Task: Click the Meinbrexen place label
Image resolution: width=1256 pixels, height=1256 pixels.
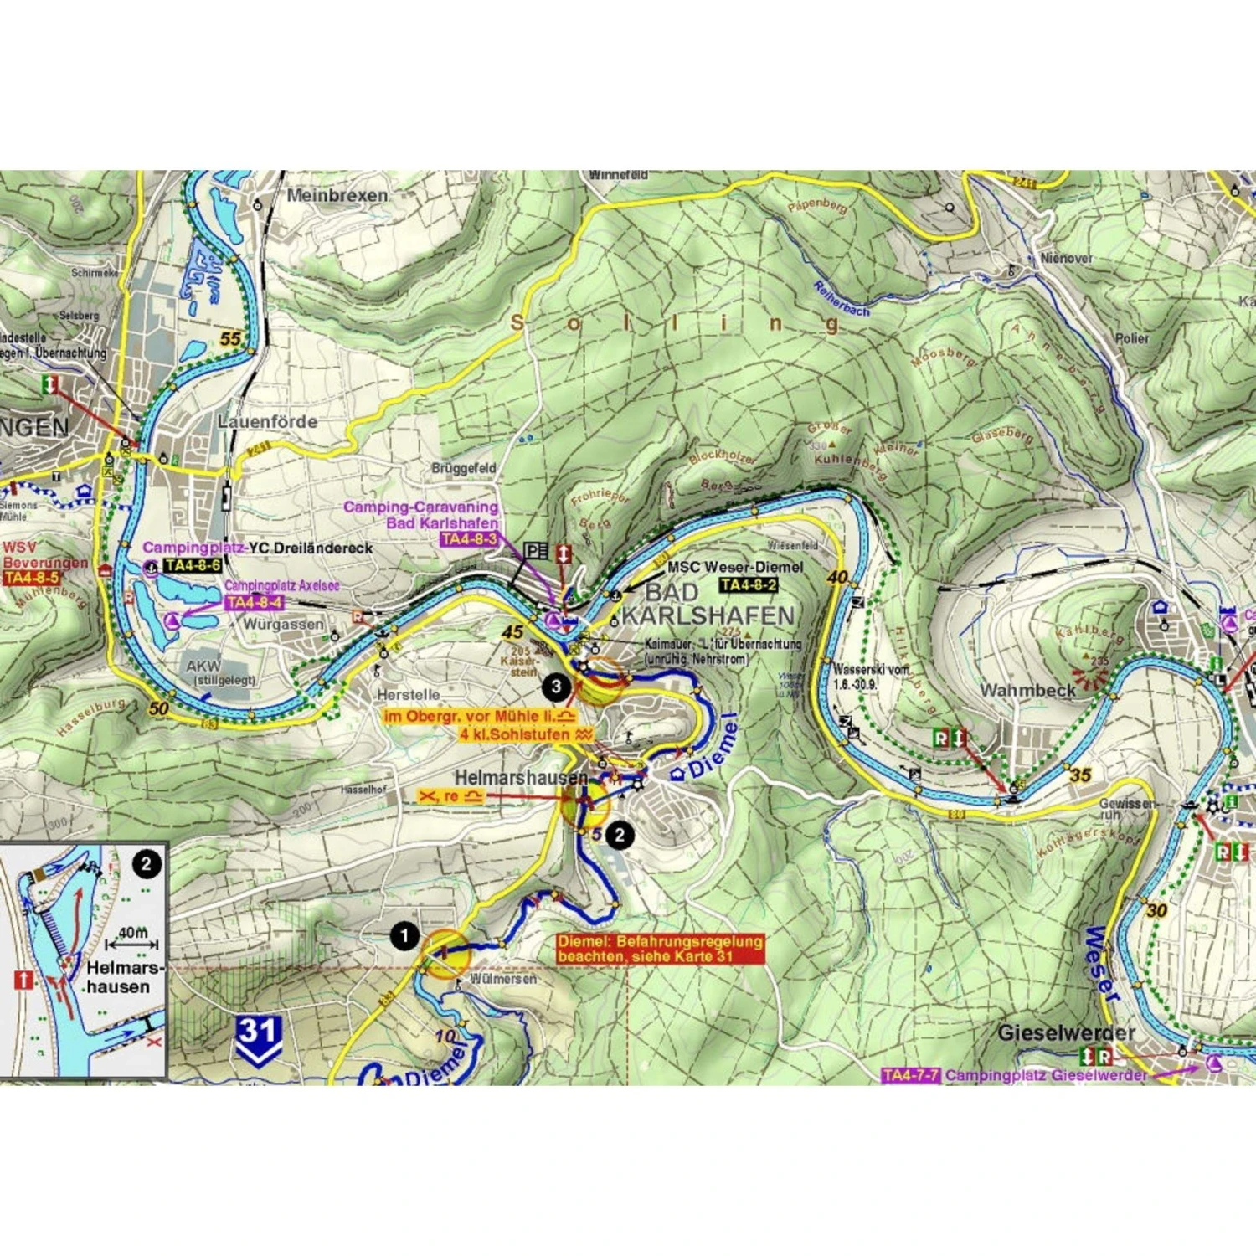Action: point(337,195)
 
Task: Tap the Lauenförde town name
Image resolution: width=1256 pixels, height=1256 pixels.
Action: point(267,421)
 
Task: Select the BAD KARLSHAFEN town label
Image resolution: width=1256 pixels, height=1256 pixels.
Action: point(708,604)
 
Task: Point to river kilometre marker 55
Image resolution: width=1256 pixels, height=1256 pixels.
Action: point(230,339)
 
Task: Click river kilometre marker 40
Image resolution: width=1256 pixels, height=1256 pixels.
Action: point(836,577)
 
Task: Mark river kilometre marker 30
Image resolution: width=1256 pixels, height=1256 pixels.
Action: point(1156,910)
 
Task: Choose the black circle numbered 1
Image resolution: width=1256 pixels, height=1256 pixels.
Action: point(404,935)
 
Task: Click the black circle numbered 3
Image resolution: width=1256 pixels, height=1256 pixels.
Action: point(556,687)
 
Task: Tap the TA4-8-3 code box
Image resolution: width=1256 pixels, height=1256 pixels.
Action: point(469,539)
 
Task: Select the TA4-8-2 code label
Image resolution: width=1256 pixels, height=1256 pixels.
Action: point(749,584)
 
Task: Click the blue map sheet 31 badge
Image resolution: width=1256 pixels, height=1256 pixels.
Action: point(258,1038)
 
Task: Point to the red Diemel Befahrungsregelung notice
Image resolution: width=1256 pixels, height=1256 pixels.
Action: point(661,949)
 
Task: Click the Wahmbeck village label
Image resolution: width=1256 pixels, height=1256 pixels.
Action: point(1027,691)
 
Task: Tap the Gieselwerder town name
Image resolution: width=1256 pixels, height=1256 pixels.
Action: point(1065,1032)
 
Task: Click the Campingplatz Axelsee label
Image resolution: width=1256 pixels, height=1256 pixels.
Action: point(281,585)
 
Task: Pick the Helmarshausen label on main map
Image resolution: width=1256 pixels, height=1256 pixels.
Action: point(520,778)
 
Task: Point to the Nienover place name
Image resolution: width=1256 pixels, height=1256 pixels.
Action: point(1066,258)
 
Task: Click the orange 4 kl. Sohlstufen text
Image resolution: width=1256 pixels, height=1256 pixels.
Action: point(525,734)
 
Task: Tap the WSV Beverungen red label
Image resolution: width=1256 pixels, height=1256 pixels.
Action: point(44,555)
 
